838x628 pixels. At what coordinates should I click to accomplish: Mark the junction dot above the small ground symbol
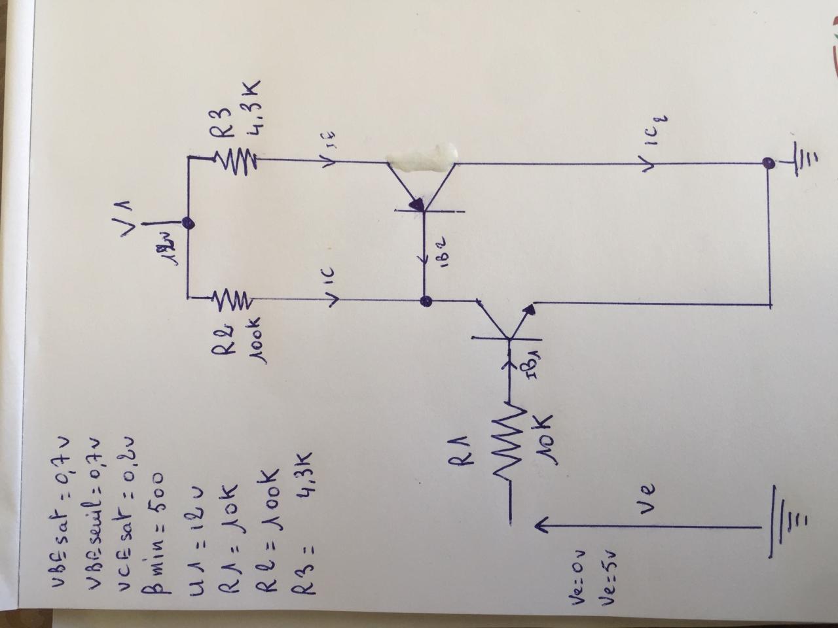click(x=770, y=162)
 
